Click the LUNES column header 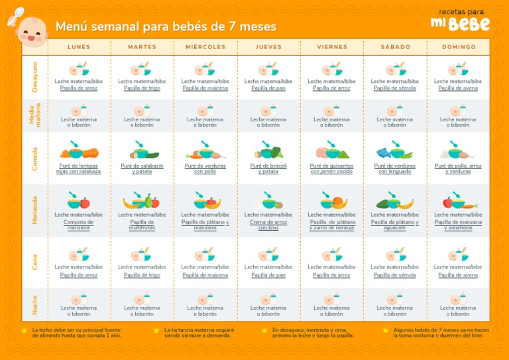pos(79,47)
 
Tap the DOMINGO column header pos(459,47)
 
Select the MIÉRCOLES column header pos(205,47)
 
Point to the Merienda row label pos(34,210)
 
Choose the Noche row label pos(34,305)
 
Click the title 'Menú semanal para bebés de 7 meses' pos(166,27)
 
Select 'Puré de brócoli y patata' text pos(268,168)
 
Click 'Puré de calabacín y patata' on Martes pos(142,168)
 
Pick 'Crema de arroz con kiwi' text pos(268,225)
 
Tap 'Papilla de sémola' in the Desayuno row pos(395,88)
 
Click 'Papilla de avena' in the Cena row pos(458,275)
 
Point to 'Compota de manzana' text pos(78,225)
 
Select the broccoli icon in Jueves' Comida pos(275,152)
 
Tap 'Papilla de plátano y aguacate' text pos(395,225)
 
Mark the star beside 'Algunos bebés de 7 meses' pos(386,330)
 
